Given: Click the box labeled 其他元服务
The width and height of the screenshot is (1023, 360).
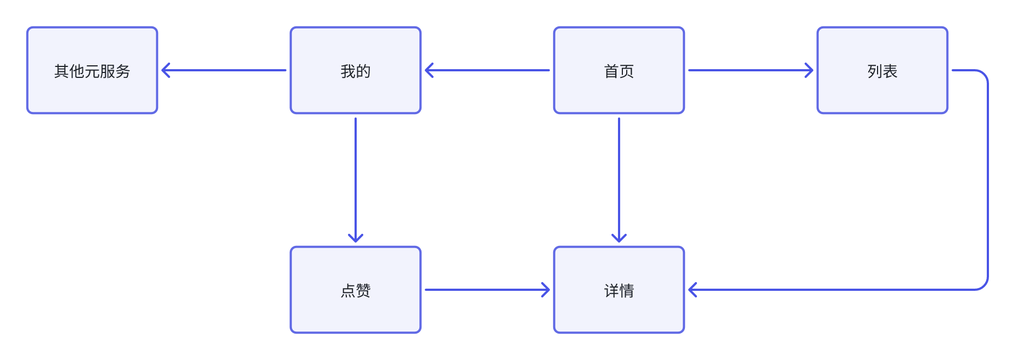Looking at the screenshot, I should point(92,70).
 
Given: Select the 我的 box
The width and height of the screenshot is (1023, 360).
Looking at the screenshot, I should point(356,70).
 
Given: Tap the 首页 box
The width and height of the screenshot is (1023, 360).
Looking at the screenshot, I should point(619,70).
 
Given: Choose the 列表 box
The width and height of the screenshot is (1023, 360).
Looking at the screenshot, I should point(883,70).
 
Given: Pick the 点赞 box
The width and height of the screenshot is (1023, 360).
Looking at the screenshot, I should point(356,290).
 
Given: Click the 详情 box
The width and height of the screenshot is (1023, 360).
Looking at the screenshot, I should point(619,290).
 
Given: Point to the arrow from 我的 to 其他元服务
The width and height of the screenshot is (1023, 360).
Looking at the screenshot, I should point(225,70).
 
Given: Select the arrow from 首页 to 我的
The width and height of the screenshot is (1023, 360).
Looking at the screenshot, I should point(488,70).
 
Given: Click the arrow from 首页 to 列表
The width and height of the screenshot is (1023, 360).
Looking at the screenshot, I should point(749,70).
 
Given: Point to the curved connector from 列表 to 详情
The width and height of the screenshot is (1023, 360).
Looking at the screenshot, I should point(987,181).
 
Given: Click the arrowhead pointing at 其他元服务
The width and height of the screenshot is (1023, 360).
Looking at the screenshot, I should point(165,70).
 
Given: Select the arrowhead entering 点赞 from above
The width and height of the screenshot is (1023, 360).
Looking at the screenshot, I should point(356,239).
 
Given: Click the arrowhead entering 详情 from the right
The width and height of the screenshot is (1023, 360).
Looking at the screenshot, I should point(692,290).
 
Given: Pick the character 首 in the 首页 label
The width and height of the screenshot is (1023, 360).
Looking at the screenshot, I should point(611,71).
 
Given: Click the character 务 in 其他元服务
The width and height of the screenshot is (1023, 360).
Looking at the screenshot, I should point(123,71).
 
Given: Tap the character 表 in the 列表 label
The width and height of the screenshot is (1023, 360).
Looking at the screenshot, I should point(890,71).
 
